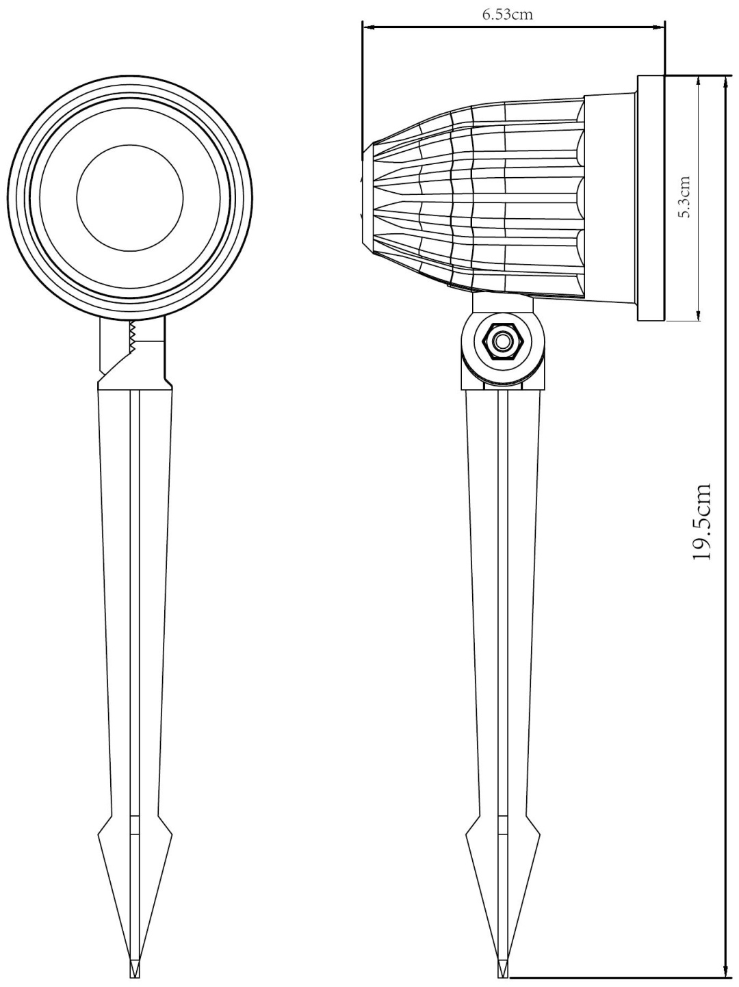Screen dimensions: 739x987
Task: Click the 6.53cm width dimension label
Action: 507,15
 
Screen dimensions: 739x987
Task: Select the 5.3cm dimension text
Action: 686,196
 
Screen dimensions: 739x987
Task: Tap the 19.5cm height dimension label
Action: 701,522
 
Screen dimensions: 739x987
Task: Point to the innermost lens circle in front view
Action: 130,198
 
